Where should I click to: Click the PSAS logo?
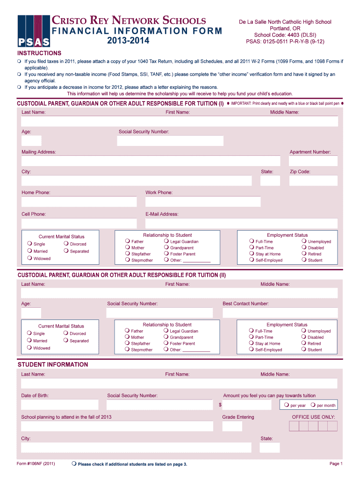click(34, 31)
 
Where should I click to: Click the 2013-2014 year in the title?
click(128, 41)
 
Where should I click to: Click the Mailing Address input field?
click(151, 161)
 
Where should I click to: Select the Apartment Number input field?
click(310, 161)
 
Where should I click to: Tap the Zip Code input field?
click(313, 181)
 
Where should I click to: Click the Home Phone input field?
click(79, 202)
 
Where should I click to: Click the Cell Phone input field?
click(79, 223)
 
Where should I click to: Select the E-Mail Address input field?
click(242, 223)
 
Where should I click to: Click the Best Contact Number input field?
click(280, 313)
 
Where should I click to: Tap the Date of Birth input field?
click(60, 405)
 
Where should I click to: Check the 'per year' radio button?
click(287, 405)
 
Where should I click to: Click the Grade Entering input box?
click(232, 426)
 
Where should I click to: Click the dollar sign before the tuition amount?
click(220, 405)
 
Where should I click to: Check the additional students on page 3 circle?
click(74, 463)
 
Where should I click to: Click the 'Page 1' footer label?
click(336, 464)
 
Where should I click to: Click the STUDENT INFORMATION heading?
click(53, 364)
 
